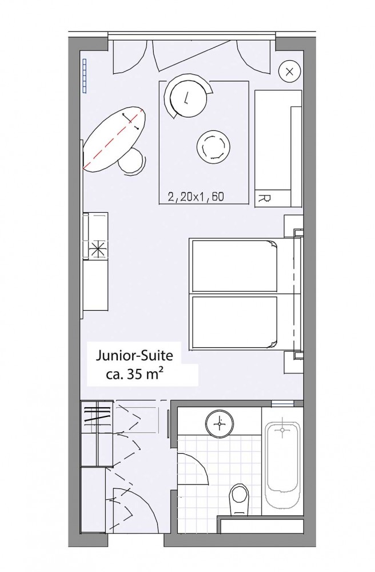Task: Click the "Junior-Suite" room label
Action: point(134,356)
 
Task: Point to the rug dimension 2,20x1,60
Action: point(196,197)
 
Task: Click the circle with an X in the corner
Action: point(290,71)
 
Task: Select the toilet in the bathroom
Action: point(239,499)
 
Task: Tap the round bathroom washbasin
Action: point(220,423)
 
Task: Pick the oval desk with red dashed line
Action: point(114,138)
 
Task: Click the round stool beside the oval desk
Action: point(131,161)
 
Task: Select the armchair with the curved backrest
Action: point(187,96)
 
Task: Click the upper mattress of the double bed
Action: point(234,265)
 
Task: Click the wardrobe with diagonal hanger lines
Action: point(97,416)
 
